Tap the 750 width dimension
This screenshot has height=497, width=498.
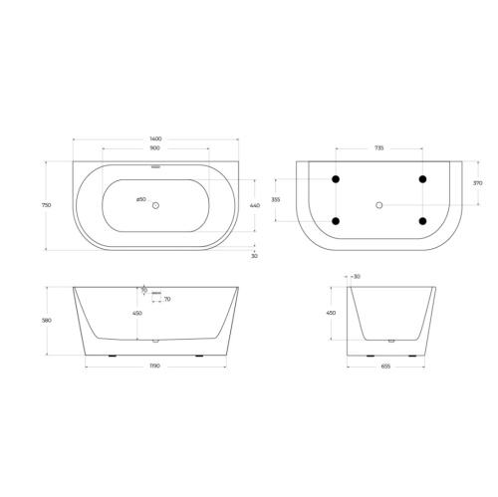pyautogui.click(x=46, y=204)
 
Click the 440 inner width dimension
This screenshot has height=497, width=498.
pyautogui.click(x=254, y=204)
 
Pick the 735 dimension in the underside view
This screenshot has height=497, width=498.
pyautogui.click(x=378, y=147)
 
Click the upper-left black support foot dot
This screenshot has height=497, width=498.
pyautogui.click(x=336, y=179)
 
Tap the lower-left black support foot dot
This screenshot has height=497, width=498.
pyautogui.click(x=336, y=221)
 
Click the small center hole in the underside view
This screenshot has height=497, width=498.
pyautogui.click(x=378, y=205)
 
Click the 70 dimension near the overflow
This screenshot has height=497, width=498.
pyautogui.click(x=166, y=299)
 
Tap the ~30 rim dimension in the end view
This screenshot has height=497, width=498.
pyautogui.click(x=357, y=276)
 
